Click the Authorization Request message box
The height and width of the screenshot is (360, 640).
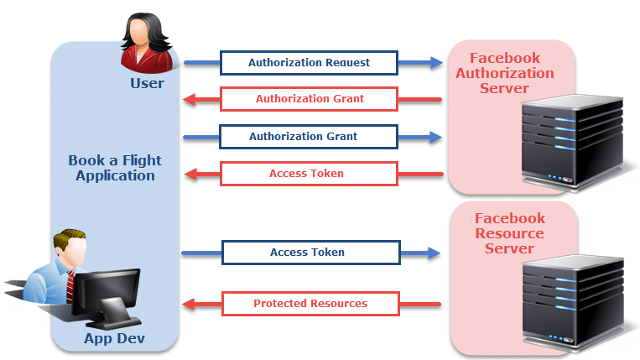point(309,63)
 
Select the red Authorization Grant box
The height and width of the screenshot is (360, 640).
point(309,99)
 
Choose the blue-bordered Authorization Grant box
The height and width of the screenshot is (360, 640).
point(309,137)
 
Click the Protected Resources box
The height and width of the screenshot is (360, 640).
point(310,303)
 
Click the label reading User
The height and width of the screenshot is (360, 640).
point(148,83)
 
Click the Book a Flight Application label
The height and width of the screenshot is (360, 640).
point(115,168)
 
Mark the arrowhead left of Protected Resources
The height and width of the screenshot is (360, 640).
point(190,304)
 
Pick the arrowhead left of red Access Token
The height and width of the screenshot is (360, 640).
point(190,175)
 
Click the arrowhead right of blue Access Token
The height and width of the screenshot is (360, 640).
point(434,253)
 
